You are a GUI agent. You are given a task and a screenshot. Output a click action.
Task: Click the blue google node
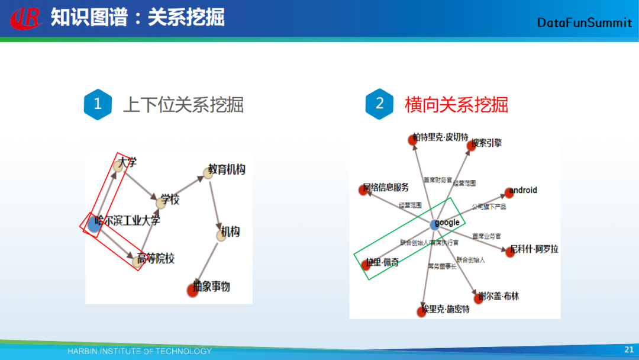[x=435, y=224]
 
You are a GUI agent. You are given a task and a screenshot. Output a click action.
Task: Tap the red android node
[x=508, y=192]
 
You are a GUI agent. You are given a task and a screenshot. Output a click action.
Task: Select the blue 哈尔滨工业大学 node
[x=93, y=224]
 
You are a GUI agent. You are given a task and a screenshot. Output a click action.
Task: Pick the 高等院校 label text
[x=156, y=259]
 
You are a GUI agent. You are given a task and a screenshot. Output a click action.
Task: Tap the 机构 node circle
[x=221, y=235]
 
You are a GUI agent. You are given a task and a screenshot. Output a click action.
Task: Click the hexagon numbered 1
[x=98, y=104]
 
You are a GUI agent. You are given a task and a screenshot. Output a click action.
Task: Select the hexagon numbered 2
[x=379, y=104]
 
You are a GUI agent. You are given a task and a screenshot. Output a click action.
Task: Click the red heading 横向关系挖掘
[x=456, y=105]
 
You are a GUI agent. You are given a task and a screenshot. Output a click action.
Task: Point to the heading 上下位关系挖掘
[x=183, y=105]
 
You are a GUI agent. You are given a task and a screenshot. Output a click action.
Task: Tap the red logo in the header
[x=26, y=18]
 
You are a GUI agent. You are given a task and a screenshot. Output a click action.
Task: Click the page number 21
[x=628, y=350]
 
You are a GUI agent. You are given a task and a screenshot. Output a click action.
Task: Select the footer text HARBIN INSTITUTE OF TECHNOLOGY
[x=140, y=351]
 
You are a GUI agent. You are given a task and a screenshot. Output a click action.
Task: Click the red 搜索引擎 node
[x=472, y=146]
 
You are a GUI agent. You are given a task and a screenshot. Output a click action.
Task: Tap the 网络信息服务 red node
[x=363, y=189]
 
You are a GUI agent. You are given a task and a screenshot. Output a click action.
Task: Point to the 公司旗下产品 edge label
[x=489, y=207]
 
